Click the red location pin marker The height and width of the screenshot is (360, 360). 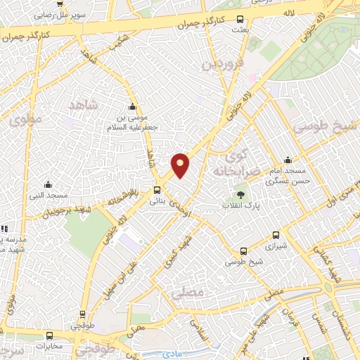click(181, 165)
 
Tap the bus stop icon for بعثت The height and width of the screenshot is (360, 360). click(240, 20)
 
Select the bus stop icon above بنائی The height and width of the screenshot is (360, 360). click(157, 190)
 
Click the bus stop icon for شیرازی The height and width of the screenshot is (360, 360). click(275, 236)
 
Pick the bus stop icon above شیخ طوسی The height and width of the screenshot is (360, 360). click(243, 250)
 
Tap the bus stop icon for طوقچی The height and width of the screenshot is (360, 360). click(83, 315)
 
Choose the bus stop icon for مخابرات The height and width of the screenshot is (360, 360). click(49, 335)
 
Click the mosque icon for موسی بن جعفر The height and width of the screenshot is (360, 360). click(131, 106)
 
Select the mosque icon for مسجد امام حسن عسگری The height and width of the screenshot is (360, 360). click(287, 160)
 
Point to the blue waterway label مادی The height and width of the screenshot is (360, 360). click(169, 355)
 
